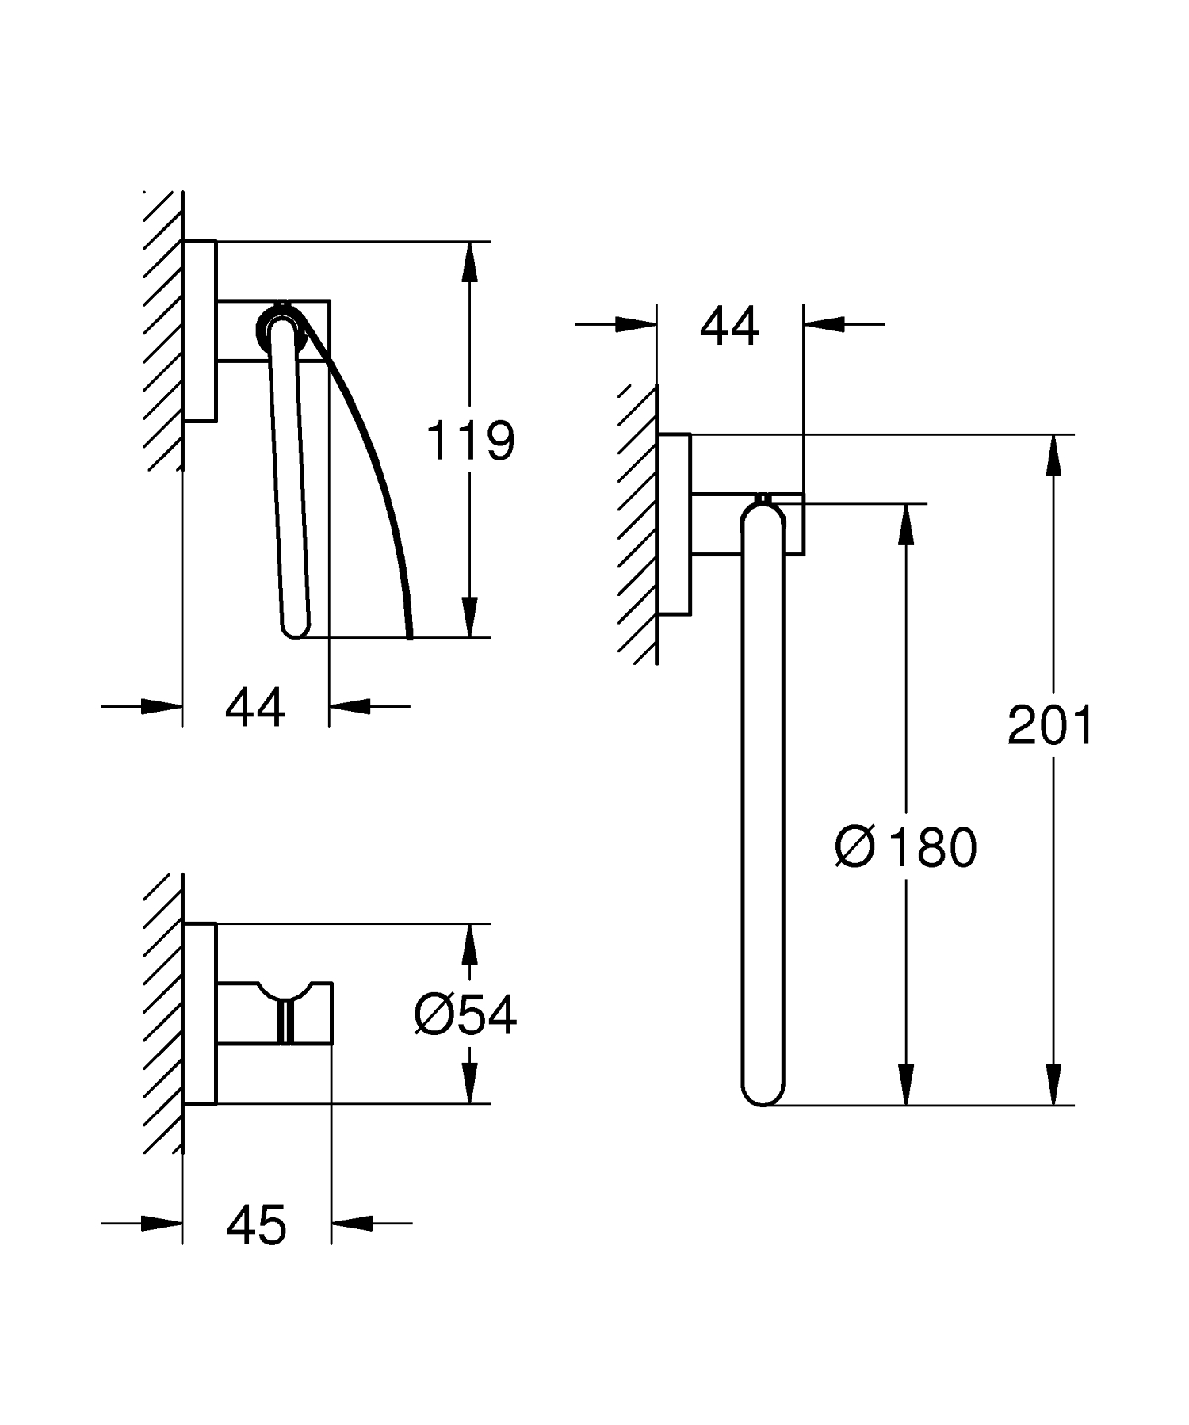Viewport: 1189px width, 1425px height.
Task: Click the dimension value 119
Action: [x=471, y=441]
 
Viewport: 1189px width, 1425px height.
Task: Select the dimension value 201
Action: [x=1050, y=724]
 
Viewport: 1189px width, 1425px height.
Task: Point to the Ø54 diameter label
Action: [x=465, y=1014]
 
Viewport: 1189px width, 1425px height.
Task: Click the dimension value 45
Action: [x=256, y=1225]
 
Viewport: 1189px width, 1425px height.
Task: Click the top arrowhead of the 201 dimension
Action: [x=1053, y=454]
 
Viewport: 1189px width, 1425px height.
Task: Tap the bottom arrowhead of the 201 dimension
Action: [x=1053, y=1085]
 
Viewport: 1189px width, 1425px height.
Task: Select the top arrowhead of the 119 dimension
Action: [x=470, y=261]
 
